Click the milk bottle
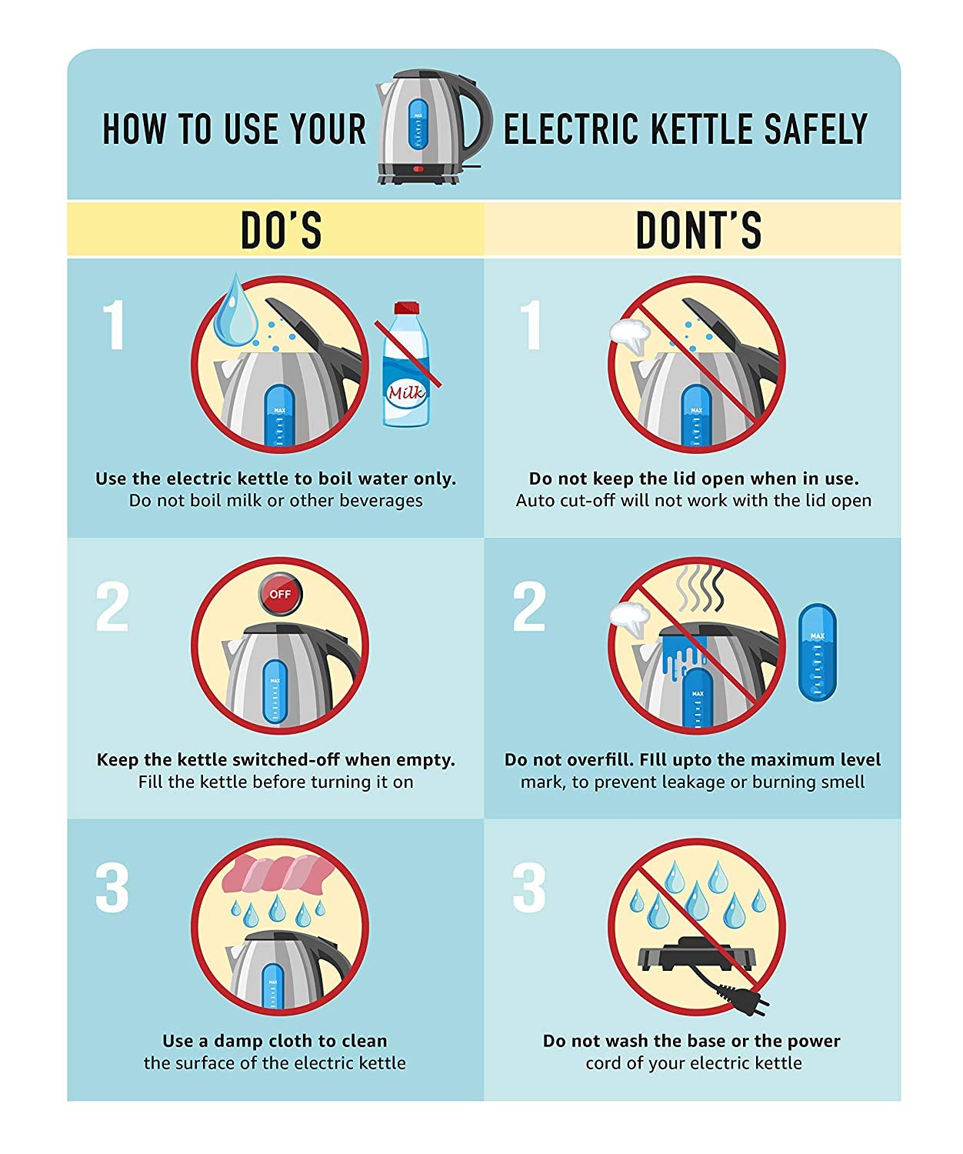406,364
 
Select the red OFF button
280,594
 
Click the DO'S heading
282,229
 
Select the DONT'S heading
699,229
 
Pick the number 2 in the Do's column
112,606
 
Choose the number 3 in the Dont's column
528,889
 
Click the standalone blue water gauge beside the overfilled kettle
817,652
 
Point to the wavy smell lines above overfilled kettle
700,588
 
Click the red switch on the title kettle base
418,169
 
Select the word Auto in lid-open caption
535,501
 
